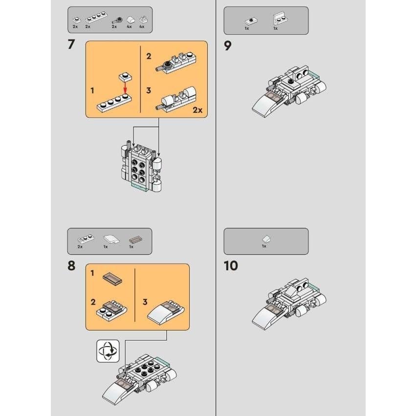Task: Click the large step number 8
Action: pos(71,266)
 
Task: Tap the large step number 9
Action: pos(228,45)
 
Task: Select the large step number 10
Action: pos(231,266)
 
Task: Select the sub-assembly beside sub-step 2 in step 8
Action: pos(113,308)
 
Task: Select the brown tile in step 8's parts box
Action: pos(133,240)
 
